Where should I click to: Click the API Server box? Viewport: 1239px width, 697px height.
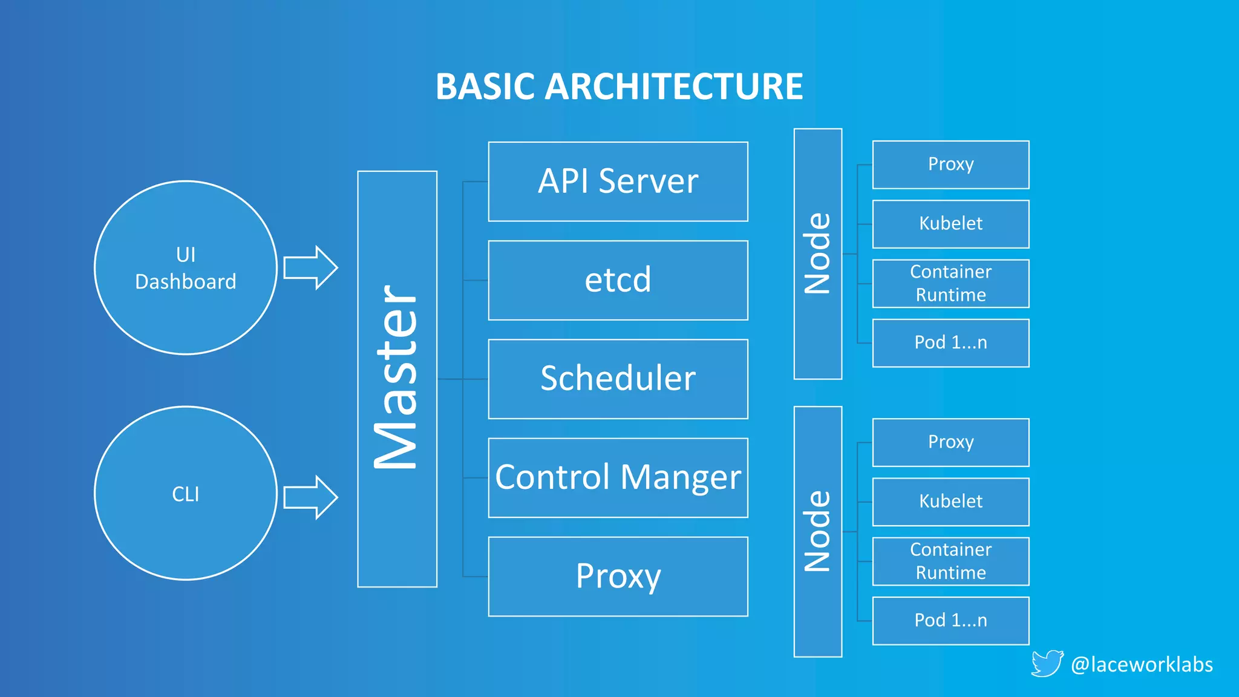pyautogui.click(x=618, y=182)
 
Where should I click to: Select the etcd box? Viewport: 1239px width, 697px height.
pyautogui.click(x=618, y=280)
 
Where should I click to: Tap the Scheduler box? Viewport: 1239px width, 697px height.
pyautogui.click(x=618, y=379)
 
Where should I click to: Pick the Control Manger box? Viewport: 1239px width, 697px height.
pyautogui.click(x=618, y=477)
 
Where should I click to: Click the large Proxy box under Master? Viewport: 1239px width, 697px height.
pyautogui.click(x=618, y=576)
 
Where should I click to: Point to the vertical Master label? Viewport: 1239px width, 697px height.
pyautogui.click(x=397, y=379)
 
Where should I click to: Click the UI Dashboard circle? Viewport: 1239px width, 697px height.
pyautogui.click(x=186, y=267)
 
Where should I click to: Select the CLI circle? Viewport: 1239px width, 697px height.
pyautogui.click(x=186, y=493)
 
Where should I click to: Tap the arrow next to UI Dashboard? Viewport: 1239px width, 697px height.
pyautogui.click(x=310, y=267)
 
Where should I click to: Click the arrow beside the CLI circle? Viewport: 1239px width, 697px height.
pyautogui.click(x=310, y=497)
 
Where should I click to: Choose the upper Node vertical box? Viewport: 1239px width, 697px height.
pyautogui.click(x=817, y=254)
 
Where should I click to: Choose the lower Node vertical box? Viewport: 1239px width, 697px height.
pyautogui.click(x=817, y=531)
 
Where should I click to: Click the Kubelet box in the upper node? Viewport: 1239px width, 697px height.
pyautogui.click(x=950, y=224)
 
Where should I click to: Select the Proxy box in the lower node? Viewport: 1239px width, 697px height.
pyautogui.click(x=950, y=442)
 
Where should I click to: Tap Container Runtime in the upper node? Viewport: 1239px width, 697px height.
pyautogui.click(x=950, y=283)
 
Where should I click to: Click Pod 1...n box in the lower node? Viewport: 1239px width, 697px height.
pyautogui.click(x=950, y=620)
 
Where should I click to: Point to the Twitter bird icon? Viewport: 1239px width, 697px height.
pyautogui.click(x=1047, y=664)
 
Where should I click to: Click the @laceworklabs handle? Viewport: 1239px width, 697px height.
pyautogui.click(x=1142, y=664)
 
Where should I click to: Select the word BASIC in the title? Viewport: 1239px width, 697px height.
pyautogui.click(x=484, y=87)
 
